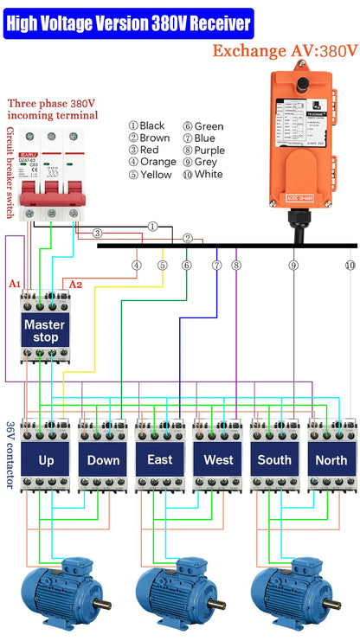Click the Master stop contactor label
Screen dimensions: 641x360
pos(44,330)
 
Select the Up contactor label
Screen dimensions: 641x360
pos(46,459)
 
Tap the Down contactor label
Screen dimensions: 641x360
pos(103,459)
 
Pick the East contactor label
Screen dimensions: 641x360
pos(160,459)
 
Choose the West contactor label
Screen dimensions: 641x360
pos(217,459)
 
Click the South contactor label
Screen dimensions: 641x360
pos(274,459)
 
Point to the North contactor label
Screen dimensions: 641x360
pos(331,459)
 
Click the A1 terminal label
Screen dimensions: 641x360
pos(14,284)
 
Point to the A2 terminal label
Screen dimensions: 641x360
pos(75,284)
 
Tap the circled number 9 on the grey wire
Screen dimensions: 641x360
pos(293,265)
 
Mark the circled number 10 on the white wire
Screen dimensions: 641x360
pos(350,265)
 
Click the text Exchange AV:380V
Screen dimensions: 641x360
pos(285,51)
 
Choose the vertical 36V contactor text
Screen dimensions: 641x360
pos(10,455)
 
